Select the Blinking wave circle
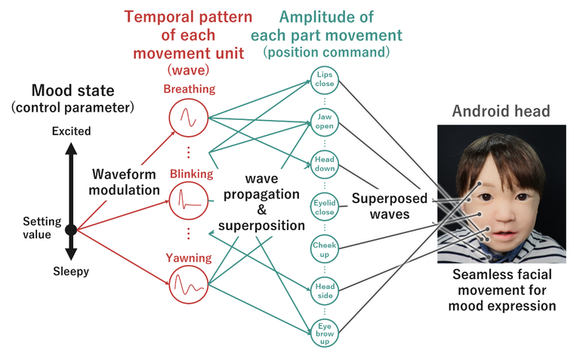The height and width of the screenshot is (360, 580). point(186,200)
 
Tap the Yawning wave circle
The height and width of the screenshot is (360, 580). point(186,285)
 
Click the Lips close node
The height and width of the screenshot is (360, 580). point(325,79)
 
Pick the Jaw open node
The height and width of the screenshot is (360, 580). point(325,120)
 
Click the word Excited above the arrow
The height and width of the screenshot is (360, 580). point(71,131)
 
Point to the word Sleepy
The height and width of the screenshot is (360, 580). point(70,272)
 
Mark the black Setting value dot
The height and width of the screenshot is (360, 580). point(71,229)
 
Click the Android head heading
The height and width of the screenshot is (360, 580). point(501,112)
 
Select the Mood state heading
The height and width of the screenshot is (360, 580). point(72,91)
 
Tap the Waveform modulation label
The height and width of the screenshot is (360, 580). point(124,181)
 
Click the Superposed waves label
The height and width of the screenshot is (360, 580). point(389,205)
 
